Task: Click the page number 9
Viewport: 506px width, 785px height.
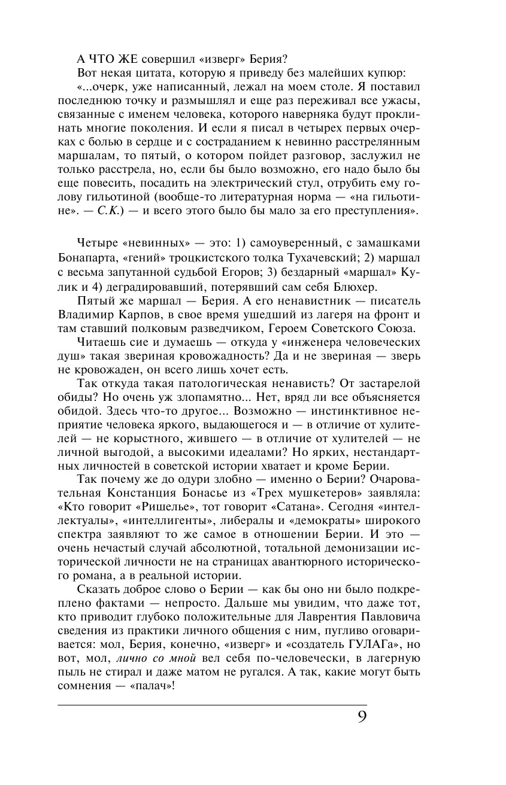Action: click(x=362, y=716)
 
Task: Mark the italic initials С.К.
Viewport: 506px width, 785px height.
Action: click(x=108, y=211)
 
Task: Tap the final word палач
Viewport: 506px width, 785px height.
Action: click(x=152, y=686)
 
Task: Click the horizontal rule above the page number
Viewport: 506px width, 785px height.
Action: click(x=212, y=705)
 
